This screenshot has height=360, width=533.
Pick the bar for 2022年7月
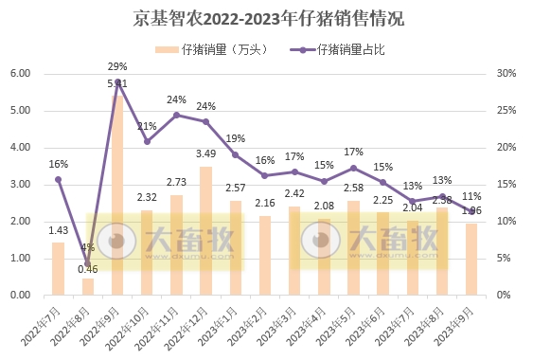pos(59,269)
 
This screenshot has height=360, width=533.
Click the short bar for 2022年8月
pos(88,286)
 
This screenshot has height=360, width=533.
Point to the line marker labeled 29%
pos(117,81)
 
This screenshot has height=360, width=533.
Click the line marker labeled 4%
pos(88,264)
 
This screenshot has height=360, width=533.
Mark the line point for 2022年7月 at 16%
pos(59,179)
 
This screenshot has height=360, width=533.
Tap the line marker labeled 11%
pos(471,211)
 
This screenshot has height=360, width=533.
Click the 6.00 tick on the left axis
pos(20,74)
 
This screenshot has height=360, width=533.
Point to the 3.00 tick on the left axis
pos(20,185)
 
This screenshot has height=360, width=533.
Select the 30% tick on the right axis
pos(506,74)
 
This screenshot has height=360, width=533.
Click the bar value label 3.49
pos(205,153)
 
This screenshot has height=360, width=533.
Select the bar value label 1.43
pos(58,230)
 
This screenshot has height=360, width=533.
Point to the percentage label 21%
pos(147,126)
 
